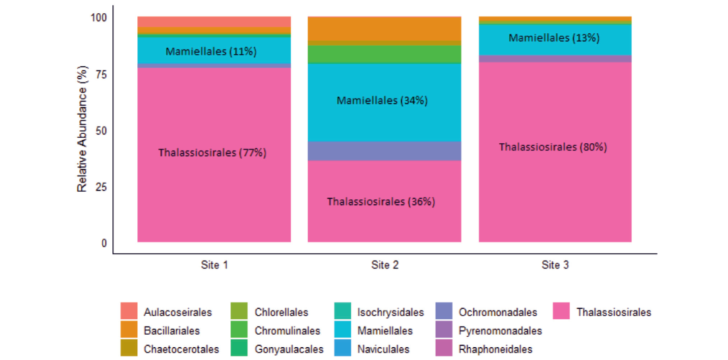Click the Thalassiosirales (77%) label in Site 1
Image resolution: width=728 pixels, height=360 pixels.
[212, 153]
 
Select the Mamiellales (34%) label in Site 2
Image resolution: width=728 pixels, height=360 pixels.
[382, 100]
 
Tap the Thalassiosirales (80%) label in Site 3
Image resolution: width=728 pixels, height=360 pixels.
[553, 147]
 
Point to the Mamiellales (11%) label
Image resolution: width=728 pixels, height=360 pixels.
[211, 51]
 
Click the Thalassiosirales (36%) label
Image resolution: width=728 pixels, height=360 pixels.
[381, 202]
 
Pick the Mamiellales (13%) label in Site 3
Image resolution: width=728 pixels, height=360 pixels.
[554, 38]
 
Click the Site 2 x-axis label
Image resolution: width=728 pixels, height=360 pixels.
[384, 266]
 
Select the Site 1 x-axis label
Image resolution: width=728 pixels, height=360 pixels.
[214, 266]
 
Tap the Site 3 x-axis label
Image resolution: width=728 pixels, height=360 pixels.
[555, 266]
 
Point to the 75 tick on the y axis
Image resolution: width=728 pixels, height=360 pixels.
[100, 74]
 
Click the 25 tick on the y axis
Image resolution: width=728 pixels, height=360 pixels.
[100, 187]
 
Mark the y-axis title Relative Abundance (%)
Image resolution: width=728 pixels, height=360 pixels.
[83, 130]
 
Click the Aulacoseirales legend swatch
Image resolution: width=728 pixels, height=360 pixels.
[129, 311]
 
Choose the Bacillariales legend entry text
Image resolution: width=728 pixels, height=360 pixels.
[172, 331]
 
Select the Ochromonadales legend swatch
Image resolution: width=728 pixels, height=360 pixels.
[446, 311]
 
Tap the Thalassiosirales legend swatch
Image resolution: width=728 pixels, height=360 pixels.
[562, 311]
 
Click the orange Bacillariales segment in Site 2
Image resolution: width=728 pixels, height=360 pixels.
[384, 29]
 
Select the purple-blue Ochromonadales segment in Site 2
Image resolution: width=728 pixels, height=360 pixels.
[384, 151]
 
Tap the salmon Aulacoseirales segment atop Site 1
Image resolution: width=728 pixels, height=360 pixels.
[214, 22]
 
